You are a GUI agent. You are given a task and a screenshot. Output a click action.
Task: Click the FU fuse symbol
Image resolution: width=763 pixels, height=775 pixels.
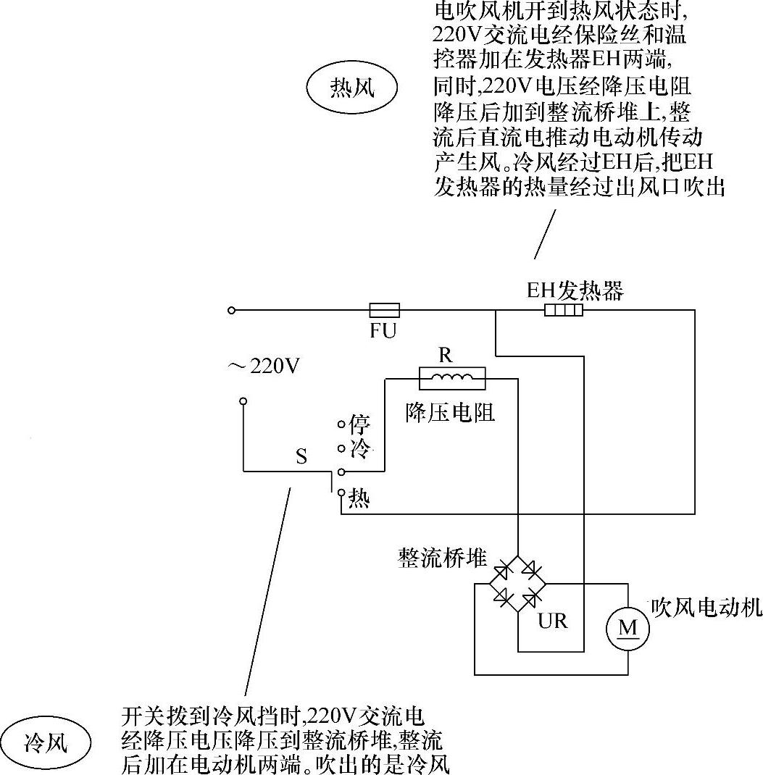[x=383, y=311]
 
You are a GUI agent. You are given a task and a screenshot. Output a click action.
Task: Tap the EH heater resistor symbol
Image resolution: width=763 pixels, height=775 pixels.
[x=564, y=311]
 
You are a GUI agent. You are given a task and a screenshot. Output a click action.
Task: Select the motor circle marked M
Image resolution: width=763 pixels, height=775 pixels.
[x=628, y=627]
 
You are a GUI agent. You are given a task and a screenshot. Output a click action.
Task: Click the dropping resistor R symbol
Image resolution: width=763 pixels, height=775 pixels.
[x=452, y=377]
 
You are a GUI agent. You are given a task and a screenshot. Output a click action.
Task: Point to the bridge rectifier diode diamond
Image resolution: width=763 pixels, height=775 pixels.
[x=517, y=582]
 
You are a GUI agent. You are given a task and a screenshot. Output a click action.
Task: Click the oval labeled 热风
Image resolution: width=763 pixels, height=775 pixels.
[x=352, y=88]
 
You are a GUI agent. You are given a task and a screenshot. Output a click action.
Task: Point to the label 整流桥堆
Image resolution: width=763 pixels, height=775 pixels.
[x=442, y=557]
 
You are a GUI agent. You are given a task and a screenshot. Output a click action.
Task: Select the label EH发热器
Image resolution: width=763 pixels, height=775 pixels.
[x=574, y=290]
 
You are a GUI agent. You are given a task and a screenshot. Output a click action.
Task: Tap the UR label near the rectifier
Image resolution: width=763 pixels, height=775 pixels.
[x=552, y=620]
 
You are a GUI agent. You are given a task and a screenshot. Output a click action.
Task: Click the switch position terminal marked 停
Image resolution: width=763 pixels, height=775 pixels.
[x=341, y=424]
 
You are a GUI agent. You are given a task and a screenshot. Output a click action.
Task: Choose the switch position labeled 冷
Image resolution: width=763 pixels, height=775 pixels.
[x=341, y=447]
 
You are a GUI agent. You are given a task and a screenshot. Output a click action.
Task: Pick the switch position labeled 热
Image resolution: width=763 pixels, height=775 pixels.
[x=341, y=493]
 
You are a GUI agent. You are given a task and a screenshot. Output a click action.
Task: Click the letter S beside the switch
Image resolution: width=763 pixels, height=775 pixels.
[x=301, y=456]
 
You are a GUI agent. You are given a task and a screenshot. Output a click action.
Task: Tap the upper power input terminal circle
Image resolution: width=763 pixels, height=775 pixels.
[x=231, y=311]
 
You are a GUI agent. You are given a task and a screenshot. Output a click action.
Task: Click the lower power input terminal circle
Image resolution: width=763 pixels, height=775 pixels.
[x=243, y=401]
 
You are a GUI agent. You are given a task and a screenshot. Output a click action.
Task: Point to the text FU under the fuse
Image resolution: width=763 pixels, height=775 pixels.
[x=383, y=332]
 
